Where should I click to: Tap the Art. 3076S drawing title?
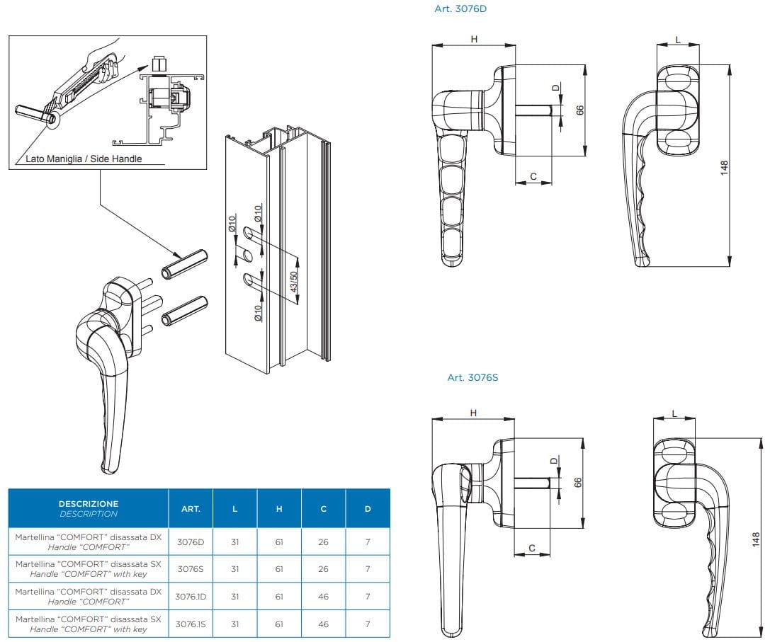[472, 377]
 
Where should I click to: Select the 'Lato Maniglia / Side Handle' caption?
[84, 159]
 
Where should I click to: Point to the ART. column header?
[191, 508]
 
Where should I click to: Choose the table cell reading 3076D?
[191, 541]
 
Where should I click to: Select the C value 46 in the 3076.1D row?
[323, 596]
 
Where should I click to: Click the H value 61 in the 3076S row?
[279, 568]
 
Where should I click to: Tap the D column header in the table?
[367, 508]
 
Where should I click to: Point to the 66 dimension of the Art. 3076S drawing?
[577, 482]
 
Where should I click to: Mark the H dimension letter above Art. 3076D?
[474, 39]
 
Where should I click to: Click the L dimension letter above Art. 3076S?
[674, 413]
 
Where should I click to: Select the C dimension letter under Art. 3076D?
[533, 176]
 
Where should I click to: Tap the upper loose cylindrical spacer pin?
[183, 263]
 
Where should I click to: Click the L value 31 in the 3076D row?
[235, 541]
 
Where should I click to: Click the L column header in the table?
[235, 508]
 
